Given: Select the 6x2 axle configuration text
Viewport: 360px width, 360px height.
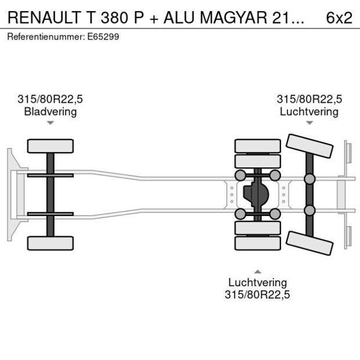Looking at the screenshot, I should (x=339, y=17).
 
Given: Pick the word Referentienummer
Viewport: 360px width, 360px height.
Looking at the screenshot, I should (x=44, y=37).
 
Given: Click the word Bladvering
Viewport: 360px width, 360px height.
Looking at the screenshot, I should (x=50, y=111).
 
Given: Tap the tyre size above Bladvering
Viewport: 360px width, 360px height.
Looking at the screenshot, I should (x=50, y=100).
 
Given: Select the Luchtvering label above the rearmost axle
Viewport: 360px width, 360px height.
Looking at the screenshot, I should (x=309, y=111).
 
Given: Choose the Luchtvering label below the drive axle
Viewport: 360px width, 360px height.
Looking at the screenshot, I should (x=257, y=283).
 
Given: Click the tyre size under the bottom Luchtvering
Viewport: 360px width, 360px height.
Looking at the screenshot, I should (x=257, y=294).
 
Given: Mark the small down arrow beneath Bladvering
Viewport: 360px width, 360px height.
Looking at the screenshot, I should (x=51, y=123).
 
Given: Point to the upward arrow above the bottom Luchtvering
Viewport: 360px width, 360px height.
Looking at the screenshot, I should (x=257, y=272).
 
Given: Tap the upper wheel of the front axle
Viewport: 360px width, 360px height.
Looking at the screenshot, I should (x=51, y=146).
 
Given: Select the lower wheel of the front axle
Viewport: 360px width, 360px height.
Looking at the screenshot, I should (x=51, y=243).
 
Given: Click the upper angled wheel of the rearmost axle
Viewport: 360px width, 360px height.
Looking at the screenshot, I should (x=310, y=146).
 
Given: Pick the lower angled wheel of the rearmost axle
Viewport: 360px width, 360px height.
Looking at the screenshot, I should (x=310, y=243).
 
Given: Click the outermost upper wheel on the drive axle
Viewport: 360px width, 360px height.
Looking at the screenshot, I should (x=257, y=145).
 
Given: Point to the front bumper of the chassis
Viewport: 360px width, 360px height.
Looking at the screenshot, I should (x=11, y=195).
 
